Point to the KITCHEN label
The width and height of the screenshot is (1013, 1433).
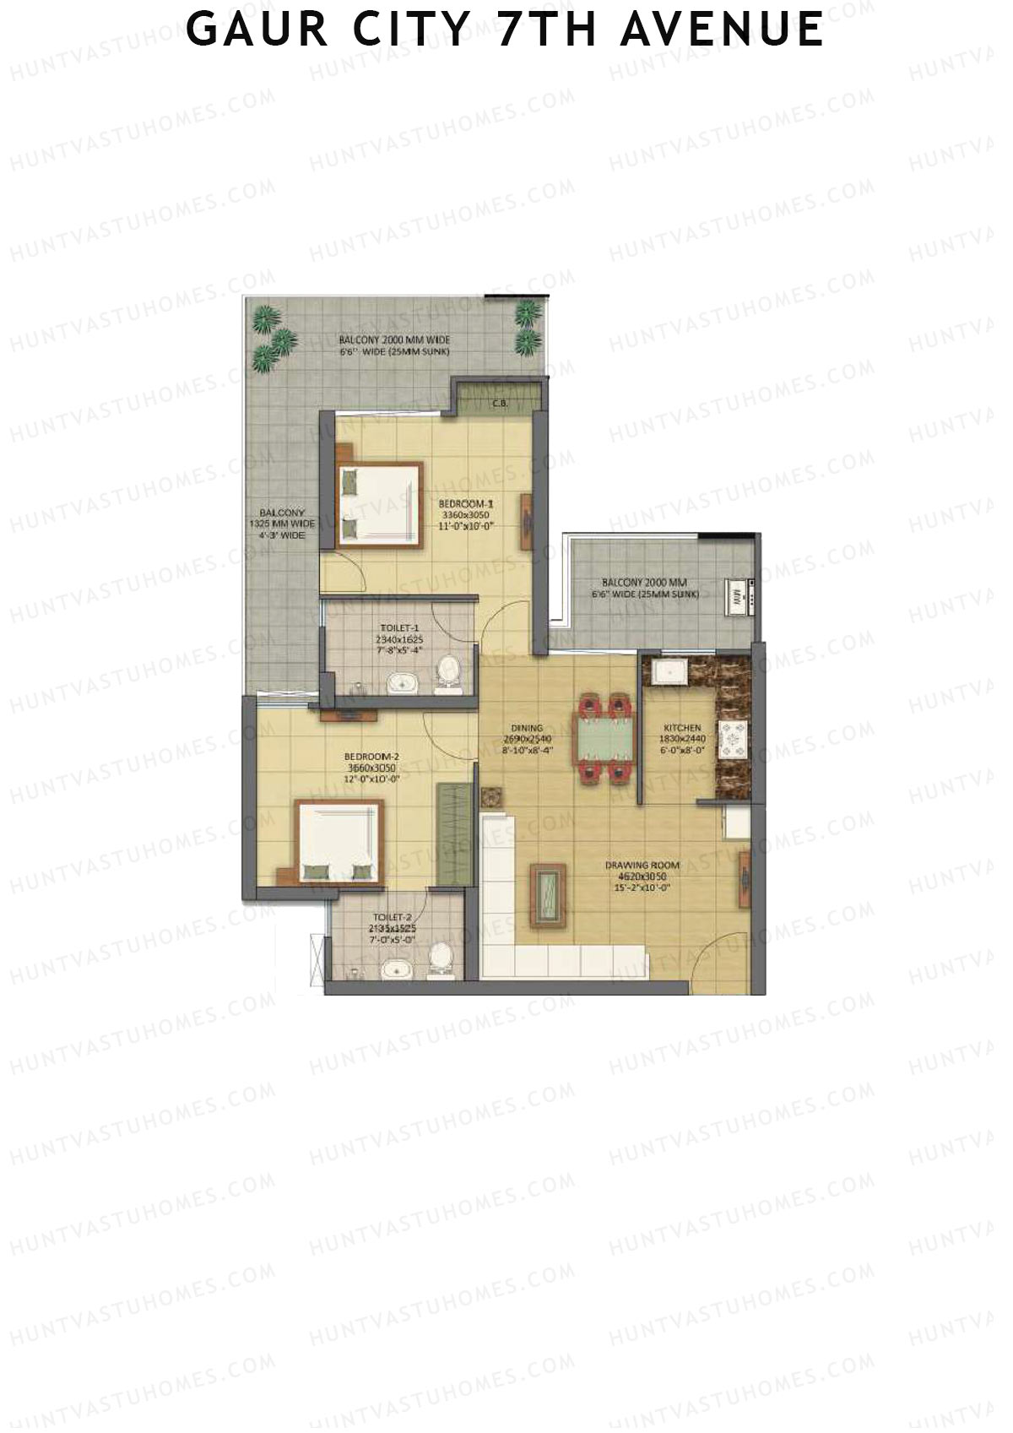point(682,727)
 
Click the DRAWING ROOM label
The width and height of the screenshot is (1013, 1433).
point(642,865)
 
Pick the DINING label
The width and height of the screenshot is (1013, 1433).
point(527,727)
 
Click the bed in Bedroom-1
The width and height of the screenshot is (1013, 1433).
point(379,504)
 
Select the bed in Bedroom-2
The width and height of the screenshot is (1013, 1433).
point(338,842)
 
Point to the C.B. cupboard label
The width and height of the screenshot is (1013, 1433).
point(500,404)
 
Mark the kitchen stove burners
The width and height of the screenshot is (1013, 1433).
point(732,741)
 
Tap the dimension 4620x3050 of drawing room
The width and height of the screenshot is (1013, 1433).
point(642,877)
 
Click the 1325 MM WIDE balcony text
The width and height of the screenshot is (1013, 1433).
point(282,524)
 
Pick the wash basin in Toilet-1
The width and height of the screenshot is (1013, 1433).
point(400,683)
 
